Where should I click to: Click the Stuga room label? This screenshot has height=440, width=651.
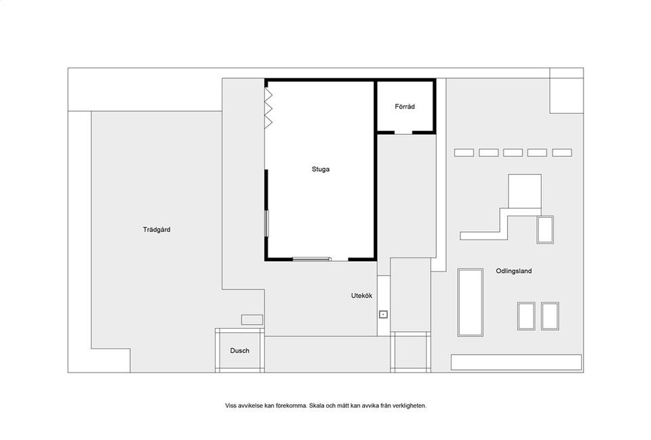321,169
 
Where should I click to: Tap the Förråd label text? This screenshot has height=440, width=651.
405,106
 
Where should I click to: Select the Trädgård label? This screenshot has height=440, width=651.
157,230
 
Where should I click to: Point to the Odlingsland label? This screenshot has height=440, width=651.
513,271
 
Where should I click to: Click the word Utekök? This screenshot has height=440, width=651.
361,296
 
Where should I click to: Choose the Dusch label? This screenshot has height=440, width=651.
239,351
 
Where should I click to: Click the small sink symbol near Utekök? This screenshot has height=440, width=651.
383,314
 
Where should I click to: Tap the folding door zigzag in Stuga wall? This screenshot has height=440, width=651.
269,107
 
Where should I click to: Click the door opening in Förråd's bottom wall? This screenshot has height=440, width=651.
403,133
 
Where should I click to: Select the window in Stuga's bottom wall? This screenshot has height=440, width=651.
311,259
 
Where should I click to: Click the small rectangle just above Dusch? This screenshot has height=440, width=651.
252,319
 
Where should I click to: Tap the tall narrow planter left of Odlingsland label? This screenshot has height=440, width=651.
471,302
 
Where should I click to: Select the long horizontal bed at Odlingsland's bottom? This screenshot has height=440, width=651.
516,363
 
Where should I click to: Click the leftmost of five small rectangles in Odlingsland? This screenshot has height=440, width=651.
464,153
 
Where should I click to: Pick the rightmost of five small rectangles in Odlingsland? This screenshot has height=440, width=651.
561,153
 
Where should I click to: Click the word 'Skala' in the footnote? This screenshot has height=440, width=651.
316,405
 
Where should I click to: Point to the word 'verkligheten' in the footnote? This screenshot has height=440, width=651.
410,405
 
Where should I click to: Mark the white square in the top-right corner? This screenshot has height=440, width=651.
567,96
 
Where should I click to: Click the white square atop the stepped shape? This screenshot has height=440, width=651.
525,191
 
